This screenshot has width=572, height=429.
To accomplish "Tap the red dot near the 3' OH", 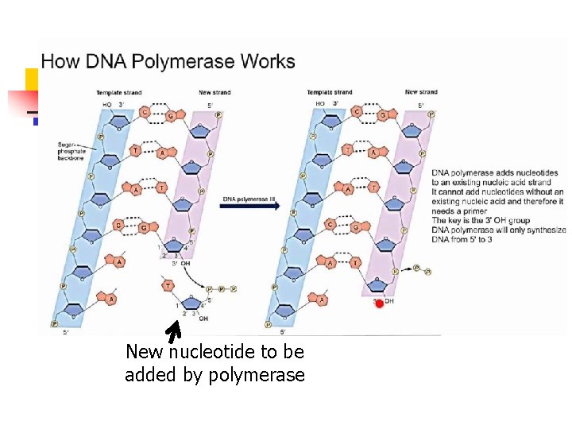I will (x=379, y=303).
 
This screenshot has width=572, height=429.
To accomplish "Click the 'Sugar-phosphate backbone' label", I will (x=70, y=152).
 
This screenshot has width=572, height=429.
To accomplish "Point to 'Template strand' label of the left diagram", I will (x=119, y=93).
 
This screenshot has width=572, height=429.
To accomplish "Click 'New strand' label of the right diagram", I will (x=421, y=92).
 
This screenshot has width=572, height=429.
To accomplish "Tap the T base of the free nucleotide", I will (x=168, y=285).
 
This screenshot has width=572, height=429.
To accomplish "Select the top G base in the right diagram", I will (x=383, y=117).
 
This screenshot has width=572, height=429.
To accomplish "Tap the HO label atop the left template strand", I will (x=106, y=104).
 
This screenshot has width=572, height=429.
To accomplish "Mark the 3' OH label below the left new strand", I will (x=181, y=264).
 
